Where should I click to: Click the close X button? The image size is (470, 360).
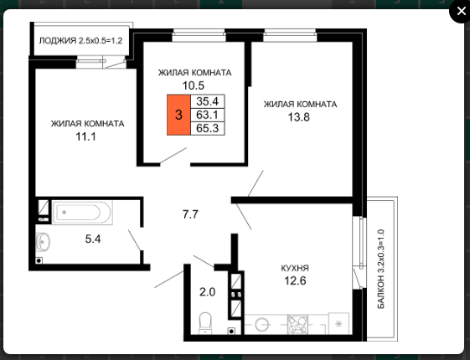[x=461, y=12]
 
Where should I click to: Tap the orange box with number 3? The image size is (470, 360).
[x=178, y=115]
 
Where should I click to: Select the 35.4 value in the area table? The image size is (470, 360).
[x=208, y=101]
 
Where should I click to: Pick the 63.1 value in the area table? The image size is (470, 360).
[x=208, y=115]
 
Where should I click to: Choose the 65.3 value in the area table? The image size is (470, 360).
[x=208, y=128]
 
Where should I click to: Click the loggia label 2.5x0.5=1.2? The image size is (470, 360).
[x=80, y=40]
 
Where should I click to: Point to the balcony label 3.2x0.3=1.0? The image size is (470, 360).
[x=380, y=269]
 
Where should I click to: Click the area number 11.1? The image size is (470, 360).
[x=85, y=136]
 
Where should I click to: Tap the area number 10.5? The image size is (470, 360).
[x=194, y=85]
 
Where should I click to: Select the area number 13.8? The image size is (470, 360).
[x=299, y=117]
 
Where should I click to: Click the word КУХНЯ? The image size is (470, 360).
[x=295, y=268]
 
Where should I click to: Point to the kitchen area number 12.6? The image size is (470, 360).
[x=295, y=281]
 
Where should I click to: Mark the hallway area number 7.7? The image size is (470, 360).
[x=190, y=214]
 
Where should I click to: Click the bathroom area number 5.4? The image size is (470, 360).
[x=93, y=239]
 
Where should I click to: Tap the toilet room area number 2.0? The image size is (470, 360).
[x=208, y=291]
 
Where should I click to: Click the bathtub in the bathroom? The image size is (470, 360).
[x=82, y=213]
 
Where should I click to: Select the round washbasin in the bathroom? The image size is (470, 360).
[x=44, y=241]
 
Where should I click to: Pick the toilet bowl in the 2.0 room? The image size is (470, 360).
[x=205, y=323]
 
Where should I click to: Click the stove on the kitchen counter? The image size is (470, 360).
[x=297, y=324]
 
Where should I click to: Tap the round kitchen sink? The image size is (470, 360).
[x=261, y=325]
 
